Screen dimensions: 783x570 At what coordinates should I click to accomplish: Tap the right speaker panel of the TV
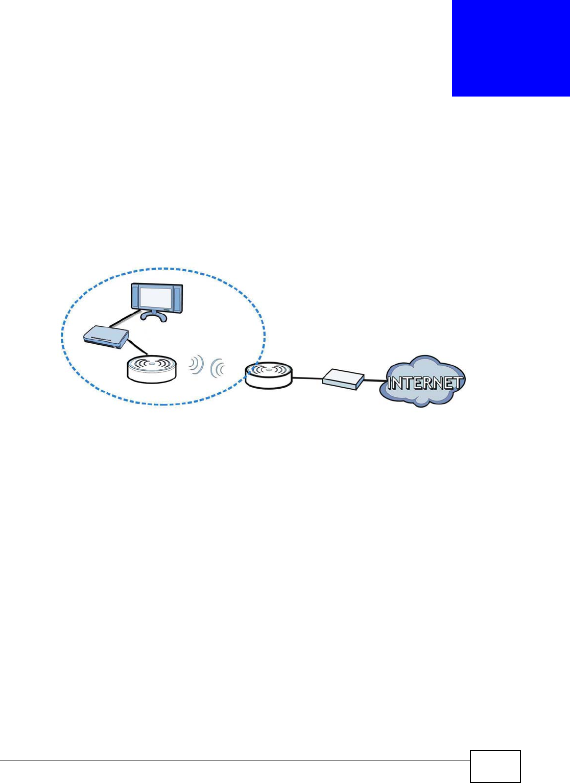[x=177, y=298]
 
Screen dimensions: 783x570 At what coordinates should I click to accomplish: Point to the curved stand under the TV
[x=154, y=316]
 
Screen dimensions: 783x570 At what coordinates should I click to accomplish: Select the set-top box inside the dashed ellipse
[x=106, y=337]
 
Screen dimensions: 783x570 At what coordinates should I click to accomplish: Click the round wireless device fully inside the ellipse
[x=152, y=369]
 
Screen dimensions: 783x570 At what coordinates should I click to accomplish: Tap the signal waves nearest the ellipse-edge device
[x=218, y=367]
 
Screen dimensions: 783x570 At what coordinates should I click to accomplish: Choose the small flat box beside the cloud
[x=343, y=379]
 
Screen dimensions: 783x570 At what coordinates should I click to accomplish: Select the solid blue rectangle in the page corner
[x=511, y=48]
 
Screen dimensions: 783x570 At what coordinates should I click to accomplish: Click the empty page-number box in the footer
[x=495, y=766]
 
